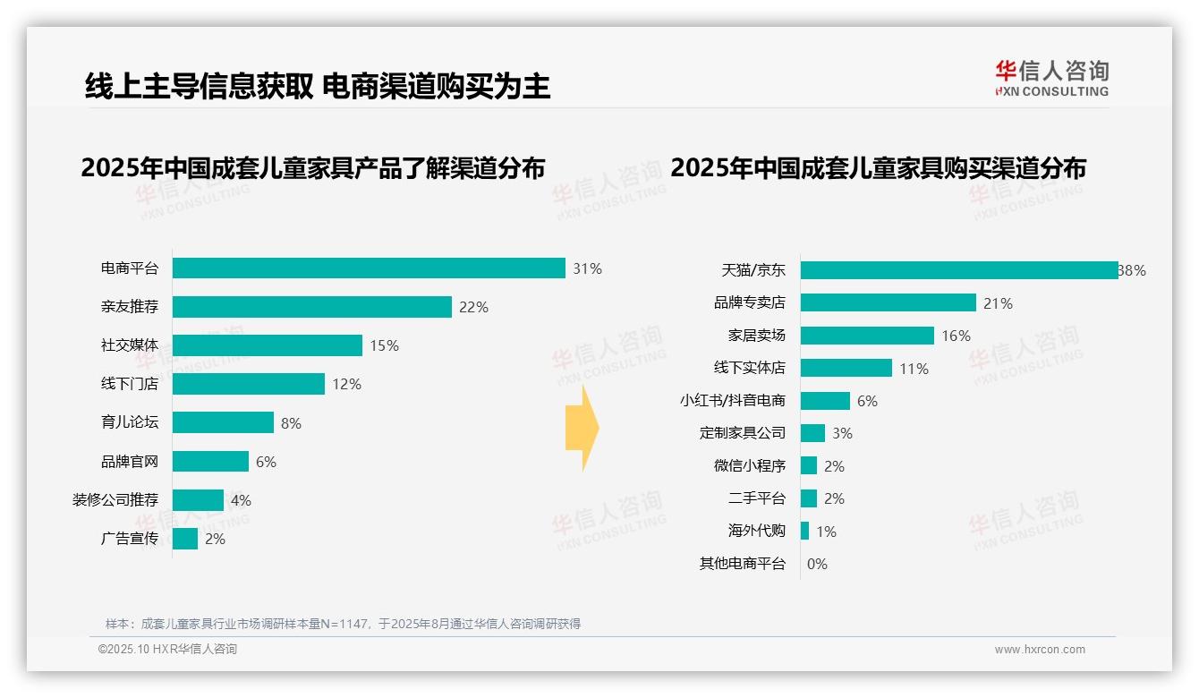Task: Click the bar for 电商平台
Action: [x=369, y=268]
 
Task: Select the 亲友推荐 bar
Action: [x=311, y=307]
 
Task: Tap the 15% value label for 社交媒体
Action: [x=384, y=345]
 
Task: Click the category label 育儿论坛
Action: [x=130, y=422]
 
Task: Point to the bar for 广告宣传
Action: [x=185, y=539]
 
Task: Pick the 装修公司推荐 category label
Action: [x=115, y=499]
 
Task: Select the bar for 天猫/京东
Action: [x=958, y=270]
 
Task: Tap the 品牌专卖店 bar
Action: [x=888, y=302]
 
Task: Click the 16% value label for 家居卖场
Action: [x=956, y=336]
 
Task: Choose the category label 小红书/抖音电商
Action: [x=732, y=401]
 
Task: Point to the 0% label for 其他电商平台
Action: [x=817, y=564]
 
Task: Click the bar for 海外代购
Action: [x=804, y=531]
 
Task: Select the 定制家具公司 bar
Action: [x=812, y=433]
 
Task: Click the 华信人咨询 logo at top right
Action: [x=1051, y=78]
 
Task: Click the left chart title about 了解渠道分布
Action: [x=312, y=168]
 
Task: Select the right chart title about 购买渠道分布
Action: [x=878, y=168]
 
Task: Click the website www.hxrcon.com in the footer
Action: [x=1040, y=650]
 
